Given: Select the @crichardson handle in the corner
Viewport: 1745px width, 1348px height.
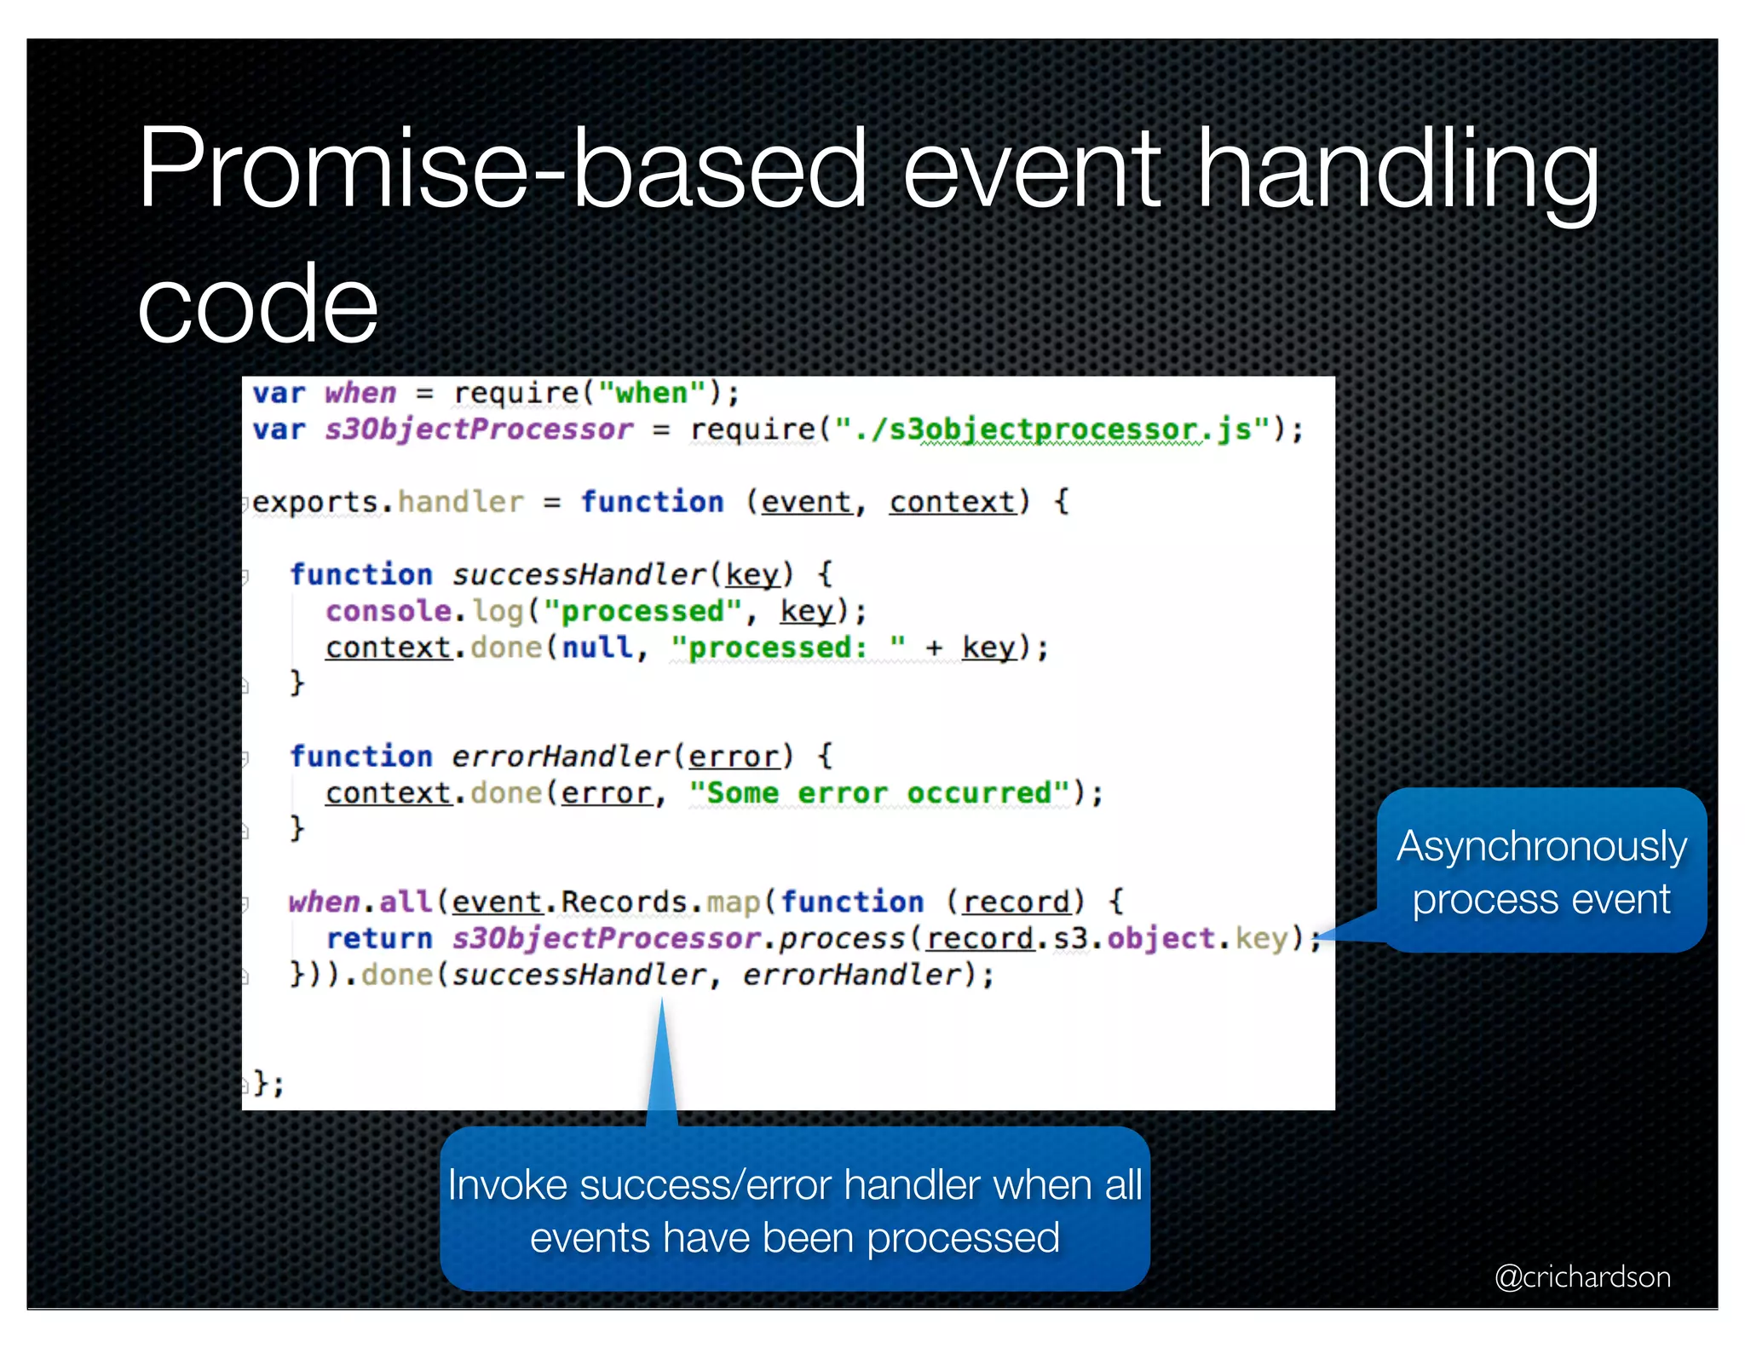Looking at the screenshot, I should (x=1582, y=1276).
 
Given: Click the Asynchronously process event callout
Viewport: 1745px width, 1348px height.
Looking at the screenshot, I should (x=1541, y=871).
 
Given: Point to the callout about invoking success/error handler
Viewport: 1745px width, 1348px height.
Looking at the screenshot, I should (x=794, y=1210).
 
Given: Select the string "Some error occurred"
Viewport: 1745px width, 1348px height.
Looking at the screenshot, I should (x=879, y=793).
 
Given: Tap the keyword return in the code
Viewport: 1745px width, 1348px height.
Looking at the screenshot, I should (x=379, y=938).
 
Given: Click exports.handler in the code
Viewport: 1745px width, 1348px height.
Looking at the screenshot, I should (x=388, y=502).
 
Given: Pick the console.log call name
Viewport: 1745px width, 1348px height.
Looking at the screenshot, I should (x=424, y=611).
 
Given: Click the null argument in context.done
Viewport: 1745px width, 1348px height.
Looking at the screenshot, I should (x=597, y=648).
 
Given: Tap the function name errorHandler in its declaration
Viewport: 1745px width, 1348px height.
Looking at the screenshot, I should (x=561, y=757).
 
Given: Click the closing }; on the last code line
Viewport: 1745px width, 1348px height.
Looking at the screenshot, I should (x=268, y=1083).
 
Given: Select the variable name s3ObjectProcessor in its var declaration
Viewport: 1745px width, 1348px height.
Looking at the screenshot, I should (x=478, y=429).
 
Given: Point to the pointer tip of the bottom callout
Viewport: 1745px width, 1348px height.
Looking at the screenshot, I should (x=662, y=1004).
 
